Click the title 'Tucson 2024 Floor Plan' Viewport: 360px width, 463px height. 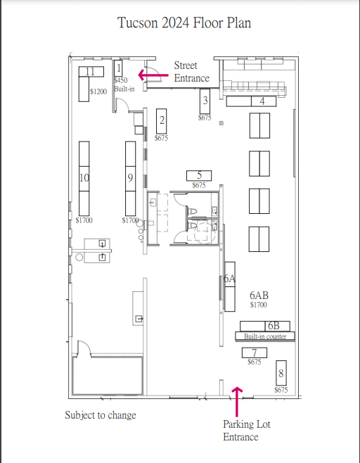(184, 23)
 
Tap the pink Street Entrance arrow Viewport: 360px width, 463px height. (153, 75)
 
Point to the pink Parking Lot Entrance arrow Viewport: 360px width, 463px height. (237, 402)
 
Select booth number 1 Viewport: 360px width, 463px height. (118, 68)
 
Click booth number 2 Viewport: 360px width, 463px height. (162, 121)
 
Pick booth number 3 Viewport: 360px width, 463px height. (205, 101)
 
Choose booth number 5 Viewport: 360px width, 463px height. (199, 176)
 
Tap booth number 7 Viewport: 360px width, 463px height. (255, 353)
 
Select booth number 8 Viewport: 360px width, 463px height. (281, 373)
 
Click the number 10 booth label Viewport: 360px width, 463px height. (84, 178)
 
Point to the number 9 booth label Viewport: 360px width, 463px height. (130, 177)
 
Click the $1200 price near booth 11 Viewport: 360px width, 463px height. (98, 91)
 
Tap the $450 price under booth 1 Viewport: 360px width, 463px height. (121, 80)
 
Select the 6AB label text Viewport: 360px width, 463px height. (259, 295)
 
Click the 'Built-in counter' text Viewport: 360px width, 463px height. (265, 336)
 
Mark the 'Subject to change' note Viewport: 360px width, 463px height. (101, 415)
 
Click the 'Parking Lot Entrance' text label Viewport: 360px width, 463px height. (247, 431)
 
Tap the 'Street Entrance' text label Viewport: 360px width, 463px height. (192, 72)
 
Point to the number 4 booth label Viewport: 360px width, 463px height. (262, 101)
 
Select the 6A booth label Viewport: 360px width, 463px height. (230, 279)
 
